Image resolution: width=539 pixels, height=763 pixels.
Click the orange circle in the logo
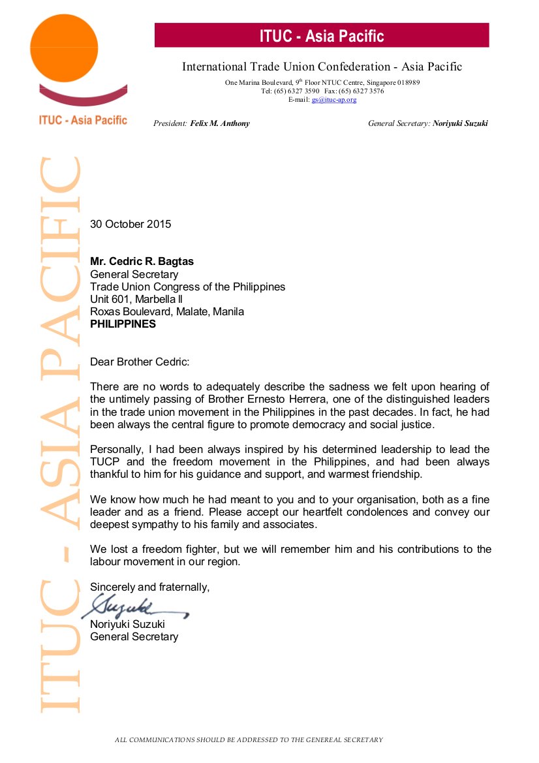point(64,47)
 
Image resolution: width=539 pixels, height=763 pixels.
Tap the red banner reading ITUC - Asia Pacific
point(321,36)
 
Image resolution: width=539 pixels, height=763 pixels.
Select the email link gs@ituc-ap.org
point(334,99)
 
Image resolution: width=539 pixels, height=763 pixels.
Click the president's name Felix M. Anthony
point(220,123)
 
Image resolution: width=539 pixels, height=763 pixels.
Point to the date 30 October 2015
point(131,224)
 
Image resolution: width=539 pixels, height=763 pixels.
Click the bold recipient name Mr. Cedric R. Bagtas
point(142,262)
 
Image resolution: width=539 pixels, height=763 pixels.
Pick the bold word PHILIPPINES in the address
point(123,324)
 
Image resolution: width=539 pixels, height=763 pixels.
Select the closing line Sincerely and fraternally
point(149,587)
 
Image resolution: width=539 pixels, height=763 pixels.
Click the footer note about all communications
point(249,740)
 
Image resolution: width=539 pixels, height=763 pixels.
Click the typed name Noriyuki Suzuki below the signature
point(127,624)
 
